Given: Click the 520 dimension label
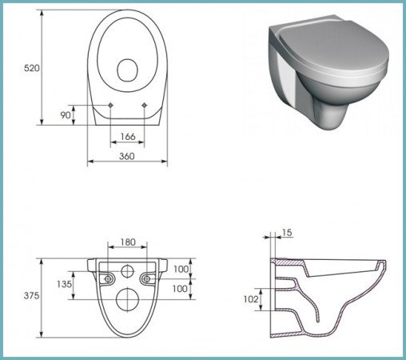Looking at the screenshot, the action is tap(31, 68).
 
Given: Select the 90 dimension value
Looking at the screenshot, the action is tap(66, 115).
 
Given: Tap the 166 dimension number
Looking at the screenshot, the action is tap(128, 137).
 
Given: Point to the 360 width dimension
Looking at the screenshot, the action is tap(127, 156).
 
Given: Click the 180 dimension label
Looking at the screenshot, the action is tap(128, 242).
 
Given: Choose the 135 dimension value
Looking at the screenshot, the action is tap(64, 284).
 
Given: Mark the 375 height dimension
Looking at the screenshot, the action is tap(31, 295).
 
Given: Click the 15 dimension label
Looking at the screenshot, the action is tap(287, 233).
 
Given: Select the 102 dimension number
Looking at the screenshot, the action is tap(251, 299).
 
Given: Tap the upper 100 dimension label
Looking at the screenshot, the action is tap(181, 270).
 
